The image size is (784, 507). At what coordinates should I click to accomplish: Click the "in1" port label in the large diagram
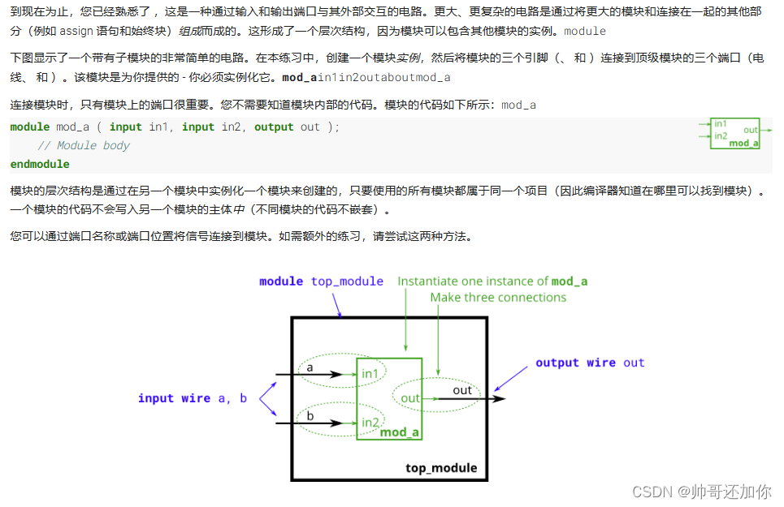pyautogui.click(x=370, y=373)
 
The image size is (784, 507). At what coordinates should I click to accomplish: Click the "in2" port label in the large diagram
pyautogui.click(x=370, y=423)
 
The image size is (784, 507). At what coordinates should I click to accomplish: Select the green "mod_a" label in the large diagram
pyautogui.click(x=400, y=432)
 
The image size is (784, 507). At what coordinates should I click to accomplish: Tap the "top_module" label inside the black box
pyautogui.click(x=441, y=468)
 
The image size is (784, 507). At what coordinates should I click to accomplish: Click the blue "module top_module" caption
pyautogui.click(x=321, y=281)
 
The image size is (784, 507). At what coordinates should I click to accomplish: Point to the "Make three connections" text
pyautogui.click(x=498, y=298)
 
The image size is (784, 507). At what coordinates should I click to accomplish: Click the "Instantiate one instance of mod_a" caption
pyautogui.click(x=492, y=281)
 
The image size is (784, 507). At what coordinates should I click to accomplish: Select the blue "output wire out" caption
pyautogui.click(x=590, y=363)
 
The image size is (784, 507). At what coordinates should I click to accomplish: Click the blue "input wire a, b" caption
pyautogui.click(x=193, y=398)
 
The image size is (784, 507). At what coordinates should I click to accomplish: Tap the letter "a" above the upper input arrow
pyautogui.click(x=310, y=367)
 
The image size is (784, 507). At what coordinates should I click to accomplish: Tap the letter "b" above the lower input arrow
pyautogui.click(x=310, y=416)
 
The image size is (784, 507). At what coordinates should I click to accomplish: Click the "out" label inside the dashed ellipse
pyautogui.click(x=410, y=398)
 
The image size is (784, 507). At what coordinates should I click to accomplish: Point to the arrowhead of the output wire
pyautogui.click(x=500, y=398)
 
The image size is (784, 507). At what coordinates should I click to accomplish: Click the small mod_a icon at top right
pyautogui.click(x=735, y=133)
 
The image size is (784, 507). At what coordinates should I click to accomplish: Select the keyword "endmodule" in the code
pyautogui.click(x=40, y=164)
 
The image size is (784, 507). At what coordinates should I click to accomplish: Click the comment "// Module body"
pyautogui.click(x=84, y=146)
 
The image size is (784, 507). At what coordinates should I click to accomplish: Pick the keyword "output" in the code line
pyautogui.click(x=274, y=127)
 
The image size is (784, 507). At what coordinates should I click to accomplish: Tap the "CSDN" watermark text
pyautogui.click(x=649, y=492)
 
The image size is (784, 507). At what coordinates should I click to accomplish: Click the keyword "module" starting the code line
pyautogui.click(x=30, y=127)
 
